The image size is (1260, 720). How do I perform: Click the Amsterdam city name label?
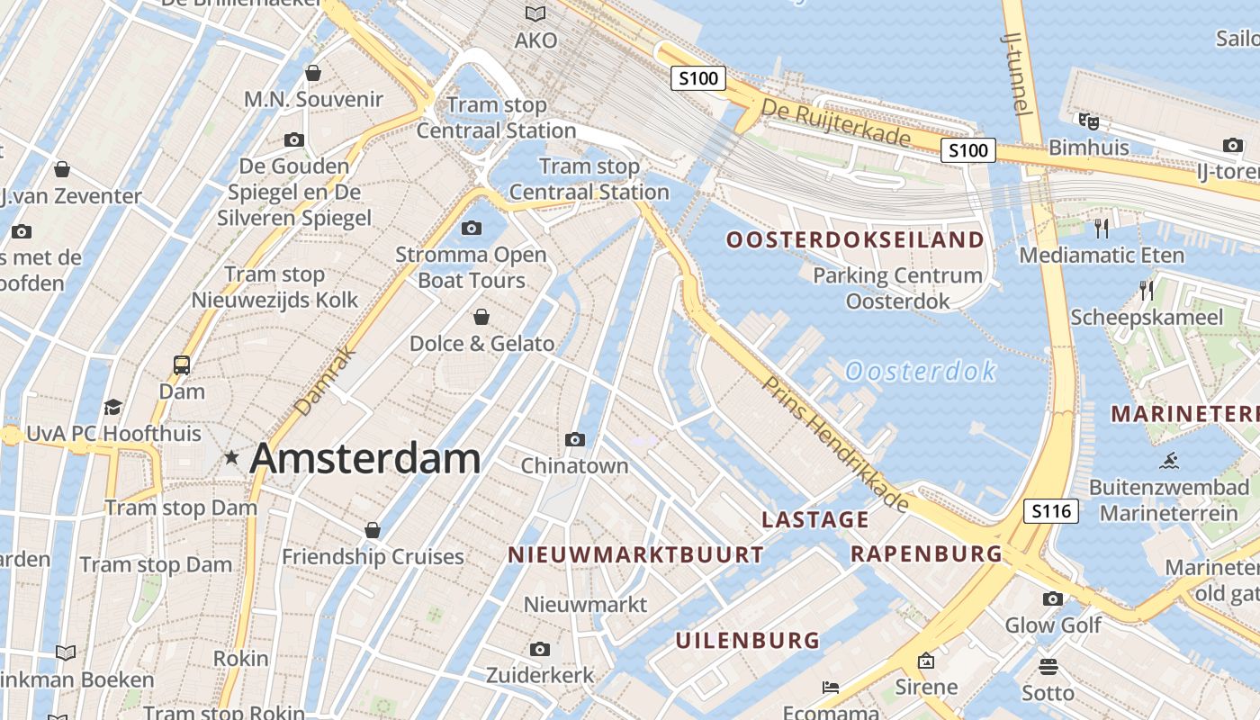pyautogui.click(x=364, y=458)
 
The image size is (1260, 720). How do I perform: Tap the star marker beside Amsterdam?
pyautogui.click(x=231, y=458)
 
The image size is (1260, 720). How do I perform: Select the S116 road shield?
pyautogui.click(x=1051, y=512)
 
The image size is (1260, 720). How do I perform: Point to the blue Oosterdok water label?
pyautogui.click(x=921, y=371)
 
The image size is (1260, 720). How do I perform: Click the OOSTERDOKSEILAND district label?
pyautogui.click(x=855, y=239)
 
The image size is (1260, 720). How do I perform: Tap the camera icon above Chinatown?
pyautogui.click(x=575, y=439)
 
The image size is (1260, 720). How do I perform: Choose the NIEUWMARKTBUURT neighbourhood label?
pyautogui.click(x=635, y=554)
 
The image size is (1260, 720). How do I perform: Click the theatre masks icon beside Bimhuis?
pyautogui.click(x=1088, y=121)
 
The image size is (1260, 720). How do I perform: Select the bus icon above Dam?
pyautogui.click(x=182, y=365)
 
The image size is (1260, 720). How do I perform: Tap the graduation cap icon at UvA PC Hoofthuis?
pyautogui.click(x=112, y=407)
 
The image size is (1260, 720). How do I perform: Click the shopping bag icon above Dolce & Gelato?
pyautogui.click(x=481, y=317)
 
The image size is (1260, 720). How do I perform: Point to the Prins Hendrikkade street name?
pyautogui.click(x=835, y=444)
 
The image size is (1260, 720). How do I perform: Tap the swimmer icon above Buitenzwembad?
pyautogui.click(x=1169, y=462)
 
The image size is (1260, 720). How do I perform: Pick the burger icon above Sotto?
pyautogui.click(x=1048, y=667)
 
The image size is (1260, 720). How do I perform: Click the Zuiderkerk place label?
pyautogui.click(x=540, y=675)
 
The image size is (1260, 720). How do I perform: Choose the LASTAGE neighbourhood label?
pyautogui.click(x=815, y=519)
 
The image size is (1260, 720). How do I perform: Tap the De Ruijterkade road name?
pyautogui.click(x=836, y=122)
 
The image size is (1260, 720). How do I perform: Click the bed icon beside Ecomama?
pyautogui.click(x=831, y=688)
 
